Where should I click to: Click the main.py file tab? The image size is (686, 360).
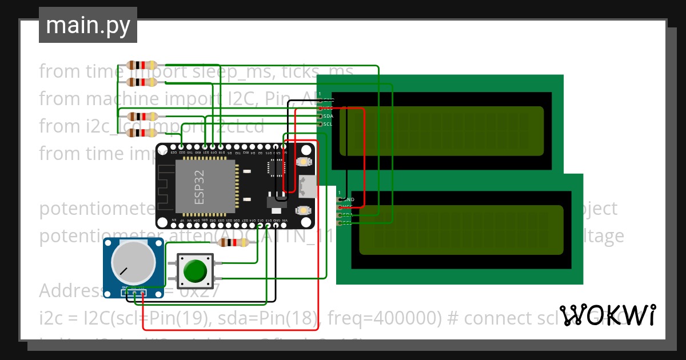click(87, 26)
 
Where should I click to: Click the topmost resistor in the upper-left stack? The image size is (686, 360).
click(142, 65)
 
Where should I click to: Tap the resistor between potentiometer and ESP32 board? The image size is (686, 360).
click(234, 243)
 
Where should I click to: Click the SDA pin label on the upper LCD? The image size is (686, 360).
click(328, 116)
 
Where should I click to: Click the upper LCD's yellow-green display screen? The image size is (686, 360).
click(441, 131)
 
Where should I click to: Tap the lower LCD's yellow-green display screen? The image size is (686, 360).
click(461, 230)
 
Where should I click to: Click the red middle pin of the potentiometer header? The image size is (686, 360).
click(134, 293)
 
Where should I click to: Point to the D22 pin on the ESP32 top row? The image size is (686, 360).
click(182, 147)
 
